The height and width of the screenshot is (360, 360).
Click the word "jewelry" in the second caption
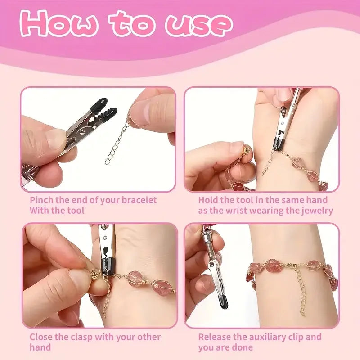316,210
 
